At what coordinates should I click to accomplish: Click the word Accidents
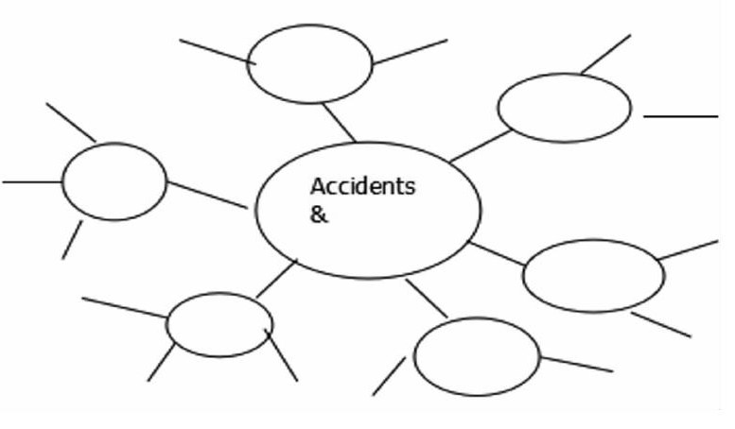[x=362, y=186]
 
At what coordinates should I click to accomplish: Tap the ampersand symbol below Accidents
[x=319, y=214]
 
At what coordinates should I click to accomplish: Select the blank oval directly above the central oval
[x=310, y=63]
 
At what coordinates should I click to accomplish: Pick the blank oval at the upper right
[x=564, y=108]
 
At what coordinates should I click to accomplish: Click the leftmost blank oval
[x=114, y=181]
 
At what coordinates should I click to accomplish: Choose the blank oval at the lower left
[x=219, y=324]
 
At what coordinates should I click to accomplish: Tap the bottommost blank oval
[x=477, y=356]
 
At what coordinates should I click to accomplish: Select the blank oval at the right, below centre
[x=593, y=275]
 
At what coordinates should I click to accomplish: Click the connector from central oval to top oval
[x=339, y=122]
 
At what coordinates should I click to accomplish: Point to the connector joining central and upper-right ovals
[x=481, y=146]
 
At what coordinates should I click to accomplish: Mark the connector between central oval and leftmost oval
[x=207, y=195]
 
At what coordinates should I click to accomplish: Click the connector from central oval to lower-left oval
[x=276, y=279]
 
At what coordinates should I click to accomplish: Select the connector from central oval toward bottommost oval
[x=427, y=298]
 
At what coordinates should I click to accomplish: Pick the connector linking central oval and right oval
[x=498, y=253]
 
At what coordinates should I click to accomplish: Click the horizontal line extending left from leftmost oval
[x=32, y=181]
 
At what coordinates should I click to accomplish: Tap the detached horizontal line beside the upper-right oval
[x=680, y=116]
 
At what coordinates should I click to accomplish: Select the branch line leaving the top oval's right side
[x=410, y=52]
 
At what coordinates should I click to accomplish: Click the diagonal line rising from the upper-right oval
[x=606, y=54]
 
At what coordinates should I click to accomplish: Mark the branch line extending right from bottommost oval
[x=576, y=364]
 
